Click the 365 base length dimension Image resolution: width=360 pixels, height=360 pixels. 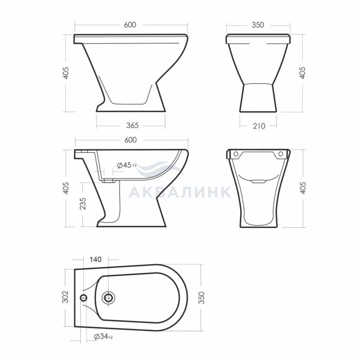[x=133, y=125]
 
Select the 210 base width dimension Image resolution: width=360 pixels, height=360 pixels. [x=259, y=126]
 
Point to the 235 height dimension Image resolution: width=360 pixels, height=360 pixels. [x=82, y=204]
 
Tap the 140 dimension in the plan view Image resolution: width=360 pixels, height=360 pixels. [x=96, y=259]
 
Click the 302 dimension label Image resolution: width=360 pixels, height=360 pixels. [x=66, y=297]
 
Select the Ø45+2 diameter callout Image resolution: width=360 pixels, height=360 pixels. [x=127, y=165]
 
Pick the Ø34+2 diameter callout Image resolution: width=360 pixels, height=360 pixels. [x=103, y=336]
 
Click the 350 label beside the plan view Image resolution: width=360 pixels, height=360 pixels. [x=202, y=298]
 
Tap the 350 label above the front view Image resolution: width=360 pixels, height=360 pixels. [x=258, y=25]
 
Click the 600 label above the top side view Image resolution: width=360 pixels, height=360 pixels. [x=130, y=25]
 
